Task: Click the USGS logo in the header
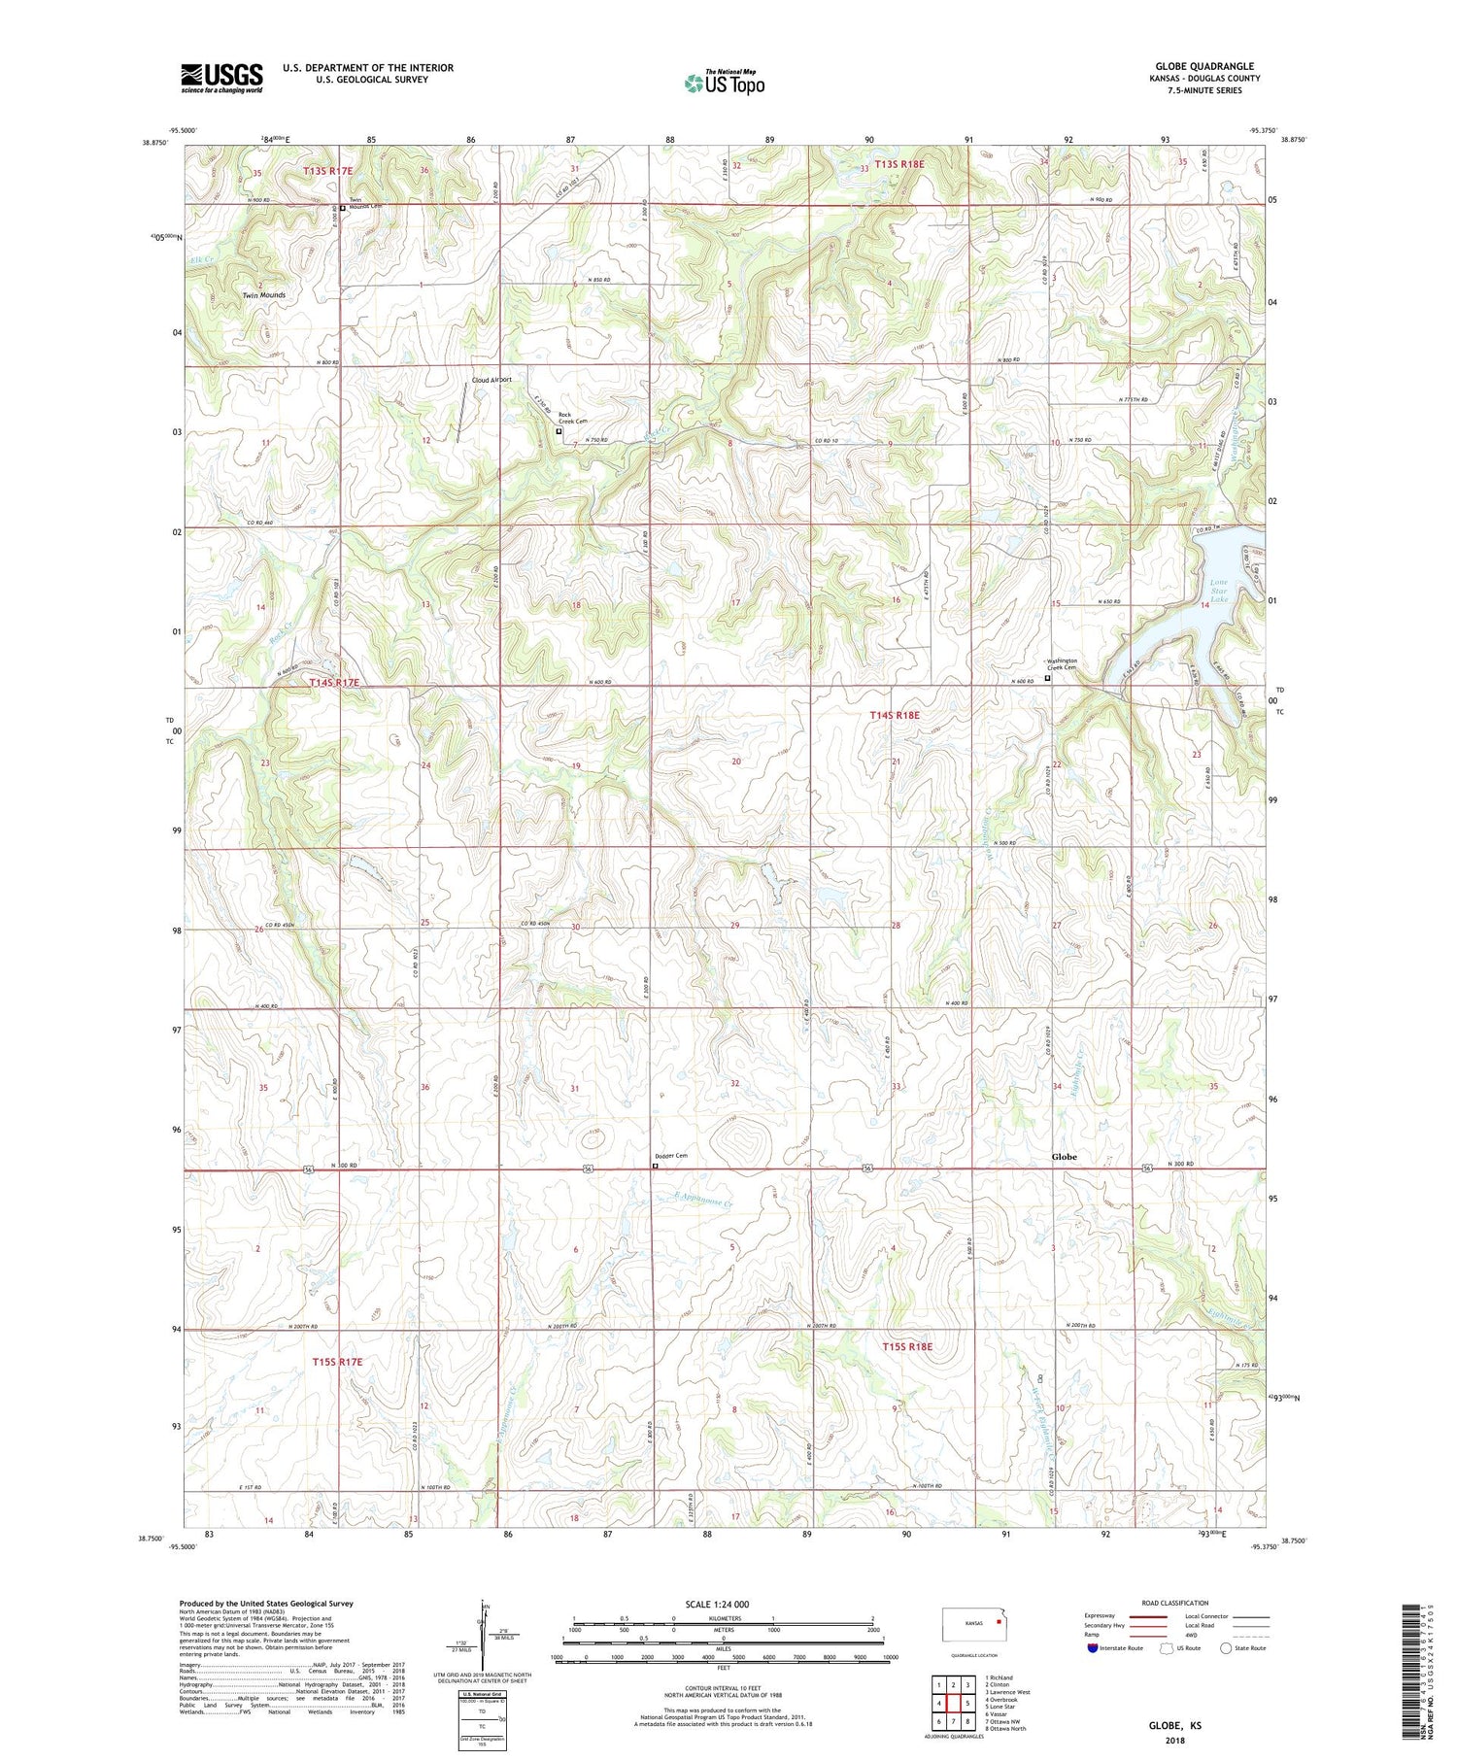221,77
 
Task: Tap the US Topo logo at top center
724,83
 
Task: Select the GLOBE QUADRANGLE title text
1203,66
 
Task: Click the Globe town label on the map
1064,1157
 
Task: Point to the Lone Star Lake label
1218,591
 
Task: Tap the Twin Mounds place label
263,295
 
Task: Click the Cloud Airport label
491,380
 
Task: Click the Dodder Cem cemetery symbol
655,1166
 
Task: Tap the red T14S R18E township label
894,715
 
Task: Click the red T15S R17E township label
337,1362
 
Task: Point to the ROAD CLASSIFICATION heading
1175,1603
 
